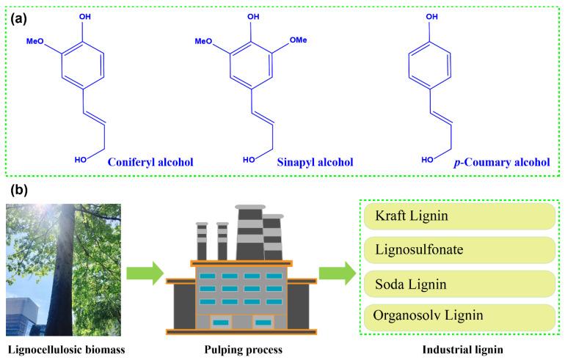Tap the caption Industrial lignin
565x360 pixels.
[458, 348]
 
